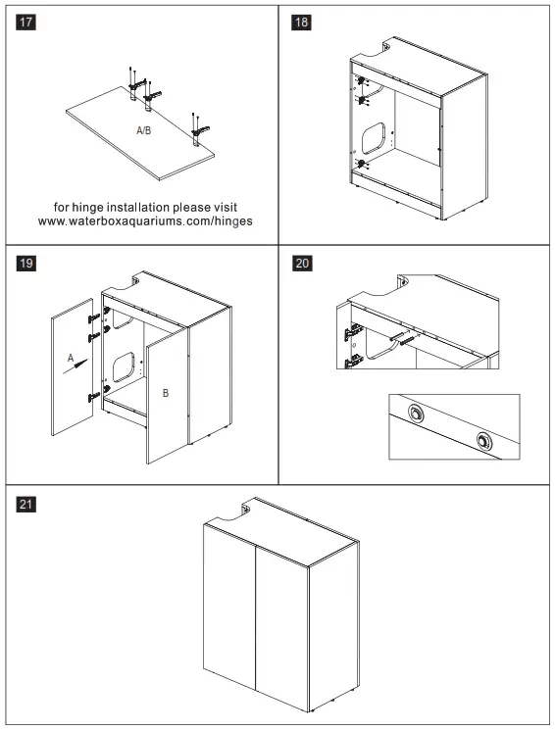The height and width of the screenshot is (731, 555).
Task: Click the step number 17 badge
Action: (x=25, y=22)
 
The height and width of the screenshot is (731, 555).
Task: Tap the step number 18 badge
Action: (x=302, y=22)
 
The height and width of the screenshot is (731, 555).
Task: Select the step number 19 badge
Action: (x=25, y=263)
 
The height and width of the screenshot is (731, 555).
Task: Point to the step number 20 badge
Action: (x=302, y=263)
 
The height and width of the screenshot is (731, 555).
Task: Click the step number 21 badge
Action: (x=25, y=504)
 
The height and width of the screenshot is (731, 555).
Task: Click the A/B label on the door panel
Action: (x=143, y=130)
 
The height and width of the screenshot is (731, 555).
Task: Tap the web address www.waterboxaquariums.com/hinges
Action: (x=145, y=221)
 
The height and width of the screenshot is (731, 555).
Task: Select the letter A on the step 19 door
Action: (x=71, y=358)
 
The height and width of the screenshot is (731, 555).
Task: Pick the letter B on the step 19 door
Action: (x=165, y=393)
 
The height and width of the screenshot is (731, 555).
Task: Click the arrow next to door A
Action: (x=76, y=366)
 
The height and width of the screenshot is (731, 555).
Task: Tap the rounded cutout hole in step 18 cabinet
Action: (x=374, y=138)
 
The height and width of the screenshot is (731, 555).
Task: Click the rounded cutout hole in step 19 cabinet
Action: (x=124, y=367)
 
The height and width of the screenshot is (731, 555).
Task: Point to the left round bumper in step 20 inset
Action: (x=415, y=414)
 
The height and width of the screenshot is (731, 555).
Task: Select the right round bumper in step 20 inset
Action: (x=484, y=441)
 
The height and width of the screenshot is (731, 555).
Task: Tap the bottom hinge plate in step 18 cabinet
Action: (x=362, y=164)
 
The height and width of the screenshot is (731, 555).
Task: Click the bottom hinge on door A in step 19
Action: (x=94, y=397)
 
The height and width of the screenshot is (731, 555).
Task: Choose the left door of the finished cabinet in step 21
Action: (x=229, y=606)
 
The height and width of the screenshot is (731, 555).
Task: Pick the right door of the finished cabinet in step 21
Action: (x=282, y=626)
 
